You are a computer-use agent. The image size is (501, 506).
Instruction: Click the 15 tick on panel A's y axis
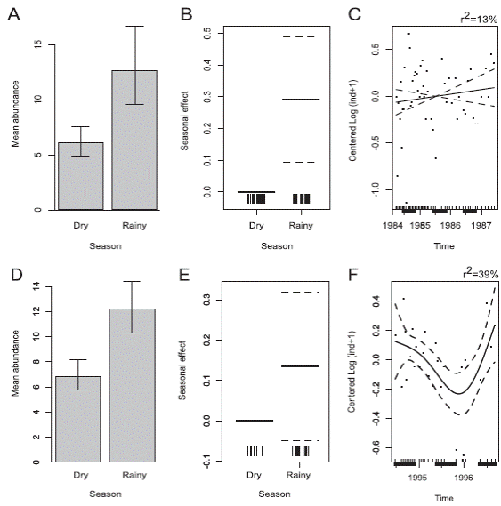point(39,44)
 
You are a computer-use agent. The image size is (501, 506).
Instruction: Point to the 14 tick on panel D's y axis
point(39,285)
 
